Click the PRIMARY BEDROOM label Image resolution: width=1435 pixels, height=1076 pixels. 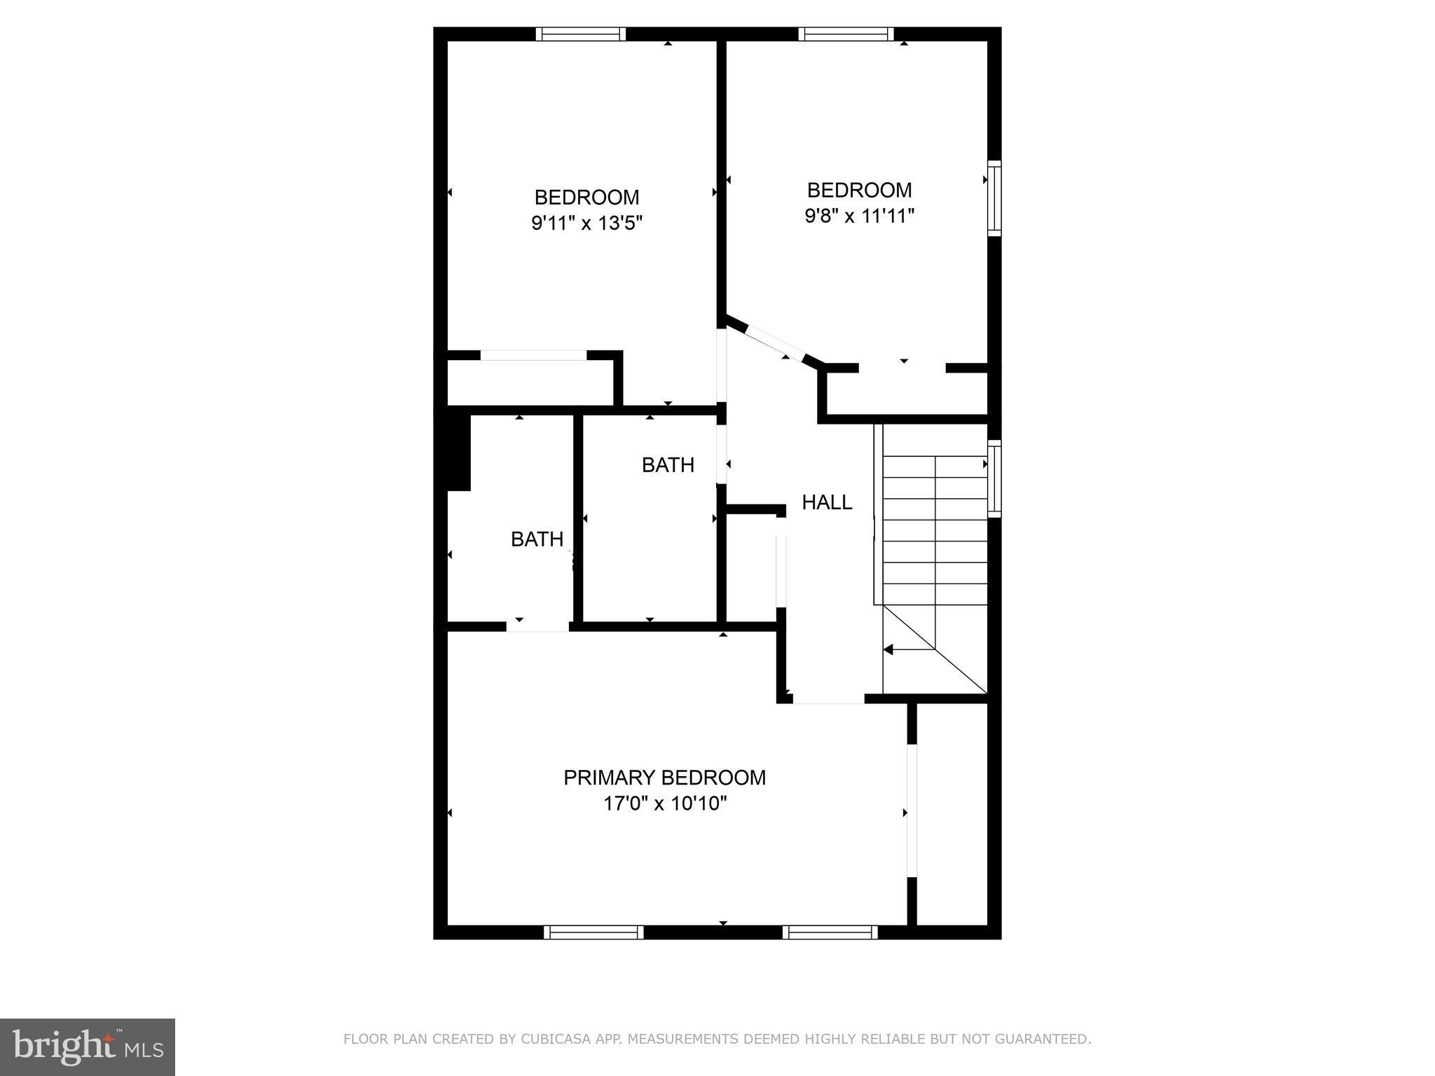coord(664,778)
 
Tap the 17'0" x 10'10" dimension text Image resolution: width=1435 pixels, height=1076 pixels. coord(665,803)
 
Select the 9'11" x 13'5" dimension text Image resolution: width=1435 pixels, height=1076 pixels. coord(587,223)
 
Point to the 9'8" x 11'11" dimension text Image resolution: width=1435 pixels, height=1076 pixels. coord(860,216)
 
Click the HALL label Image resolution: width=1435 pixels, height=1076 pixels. coord(827,502)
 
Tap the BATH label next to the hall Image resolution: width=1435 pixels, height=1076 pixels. coord(668,465)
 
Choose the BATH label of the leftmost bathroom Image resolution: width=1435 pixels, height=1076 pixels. coord(537,539)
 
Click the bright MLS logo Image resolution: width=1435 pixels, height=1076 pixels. coord(88,1047)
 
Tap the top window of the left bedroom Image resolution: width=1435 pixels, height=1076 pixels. coord(581,34)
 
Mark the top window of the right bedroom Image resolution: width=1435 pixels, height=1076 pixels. coord(846,34)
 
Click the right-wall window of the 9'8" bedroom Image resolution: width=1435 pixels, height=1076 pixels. coord(994,198)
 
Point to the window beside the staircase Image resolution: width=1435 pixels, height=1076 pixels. coord(994,478)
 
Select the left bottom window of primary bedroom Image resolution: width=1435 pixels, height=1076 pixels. coord(593,932)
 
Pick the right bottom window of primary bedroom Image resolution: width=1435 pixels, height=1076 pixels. coord(830,932)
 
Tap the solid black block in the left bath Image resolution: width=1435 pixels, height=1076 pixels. coord(458,452)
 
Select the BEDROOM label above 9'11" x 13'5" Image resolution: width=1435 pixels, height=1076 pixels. coord(587,197)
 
